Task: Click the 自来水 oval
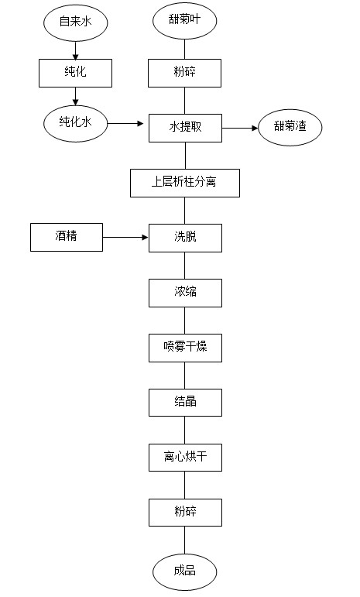tap(75, 22)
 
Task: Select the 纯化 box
tap(75, 73)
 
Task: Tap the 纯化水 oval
tap(75, 123)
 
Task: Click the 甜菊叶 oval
tap(184, 21)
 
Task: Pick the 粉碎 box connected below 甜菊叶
tap(184, 73)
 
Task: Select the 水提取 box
tap(185, 129)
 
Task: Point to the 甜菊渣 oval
tap(290, 128)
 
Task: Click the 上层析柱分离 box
tap(185, 184)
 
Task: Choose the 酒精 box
tap(67, 237)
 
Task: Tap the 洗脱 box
tap(185, 238)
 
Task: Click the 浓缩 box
tap(185, 293)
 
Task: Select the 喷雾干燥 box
tap(185, 348)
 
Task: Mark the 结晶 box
tap(185, 403)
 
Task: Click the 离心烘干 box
tap(185, 458)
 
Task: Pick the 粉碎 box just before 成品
tap(185, 513)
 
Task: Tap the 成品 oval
tap(184, 572)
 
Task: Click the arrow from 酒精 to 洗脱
tap(125, 237)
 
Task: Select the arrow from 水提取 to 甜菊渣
tap(240, 129)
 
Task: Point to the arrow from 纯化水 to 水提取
tap(125, 123)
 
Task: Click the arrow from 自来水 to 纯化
tap(75, 50)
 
